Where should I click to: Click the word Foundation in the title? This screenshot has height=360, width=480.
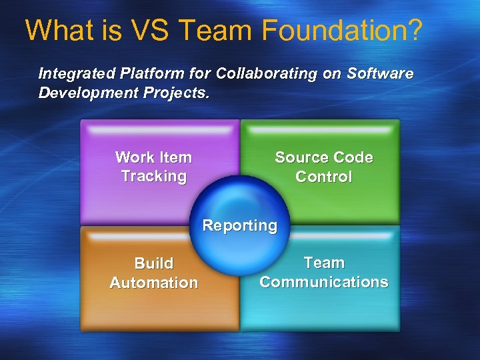[331, 31]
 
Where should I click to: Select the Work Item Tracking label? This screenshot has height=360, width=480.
[153, 167]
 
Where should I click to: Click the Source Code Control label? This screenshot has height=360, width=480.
[323, 167]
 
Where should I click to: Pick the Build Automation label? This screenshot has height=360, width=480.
[153, 273]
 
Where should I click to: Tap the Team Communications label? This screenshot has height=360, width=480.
[323, 272]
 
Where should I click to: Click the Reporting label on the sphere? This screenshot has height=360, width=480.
[239, 225]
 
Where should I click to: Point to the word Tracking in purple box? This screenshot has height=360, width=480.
[153, 177]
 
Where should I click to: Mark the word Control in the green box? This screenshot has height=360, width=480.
[323, 177]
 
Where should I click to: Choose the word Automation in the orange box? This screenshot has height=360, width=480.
[153, 283]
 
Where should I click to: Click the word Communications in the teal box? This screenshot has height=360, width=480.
[323, 282]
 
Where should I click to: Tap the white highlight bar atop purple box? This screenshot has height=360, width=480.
[159, 129]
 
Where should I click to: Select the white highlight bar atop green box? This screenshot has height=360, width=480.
[321, 129]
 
